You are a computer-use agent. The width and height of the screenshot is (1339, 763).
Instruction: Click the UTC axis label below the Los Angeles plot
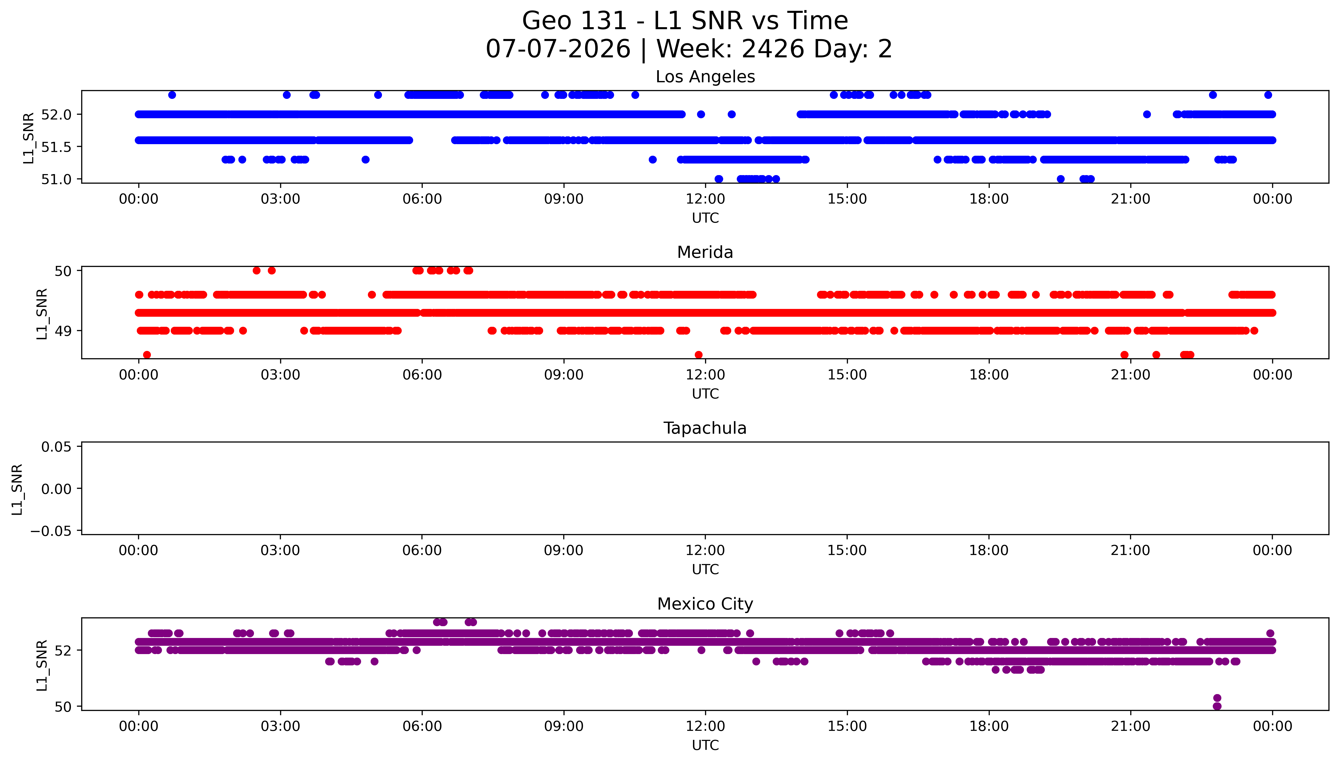point(705,218)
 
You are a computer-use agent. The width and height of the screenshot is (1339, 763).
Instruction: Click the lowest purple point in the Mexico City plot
point(1217,706)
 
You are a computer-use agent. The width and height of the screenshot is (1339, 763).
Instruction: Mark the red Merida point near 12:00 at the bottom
point(699,355)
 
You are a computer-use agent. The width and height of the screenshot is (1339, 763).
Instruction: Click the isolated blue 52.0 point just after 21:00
point(1147,114)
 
